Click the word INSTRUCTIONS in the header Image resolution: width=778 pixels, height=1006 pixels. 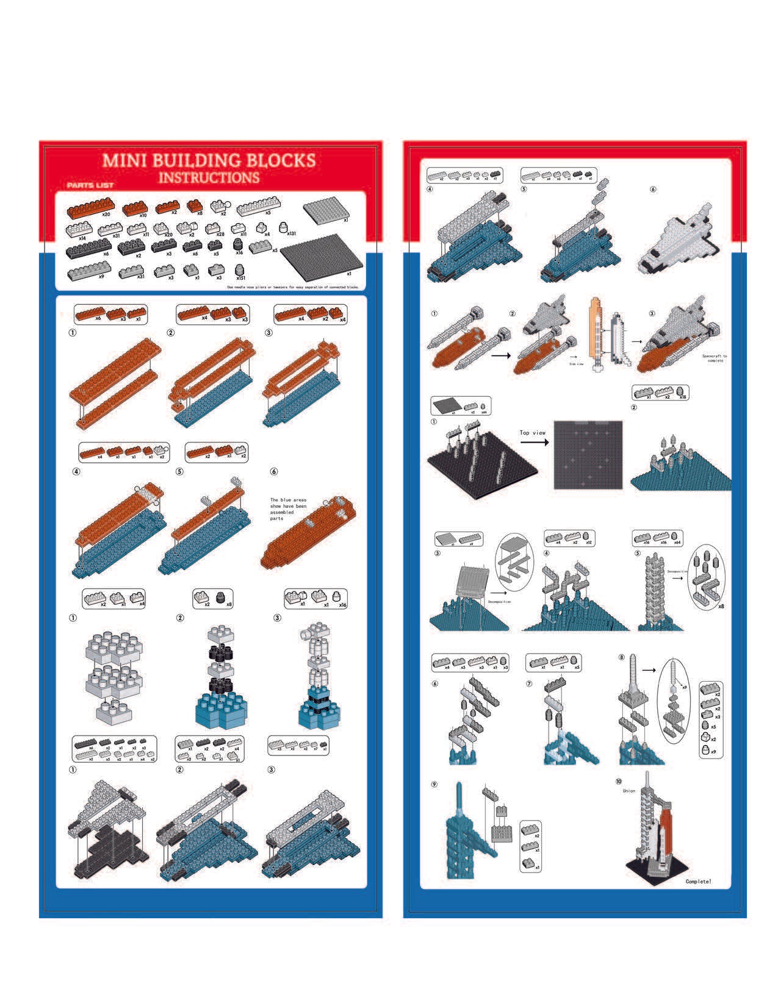pos(209,177)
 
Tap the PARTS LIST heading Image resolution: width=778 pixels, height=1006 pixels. pos(90,185)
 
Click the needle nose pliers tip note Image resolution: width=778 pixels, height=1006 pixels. pos(292,287)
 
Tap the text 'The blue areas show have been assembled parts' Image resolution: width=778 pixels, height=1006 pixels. pos(288,509)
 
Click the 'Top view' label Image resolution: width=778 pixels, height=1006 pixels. pos(533,433)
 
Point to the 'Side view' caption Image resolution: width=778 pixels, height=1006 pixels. pos(577,363)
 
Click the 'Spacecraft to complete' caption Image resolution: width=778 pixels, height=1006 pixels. pos(715,358)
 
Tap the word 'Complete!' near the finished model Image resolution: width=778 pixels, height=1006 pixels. pos(698,882)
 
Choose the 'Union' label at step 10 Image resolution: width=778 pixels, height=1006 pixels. pos(629,791)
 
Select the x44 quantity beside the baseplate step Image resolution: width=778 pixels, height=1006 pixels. pos(484,412)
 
